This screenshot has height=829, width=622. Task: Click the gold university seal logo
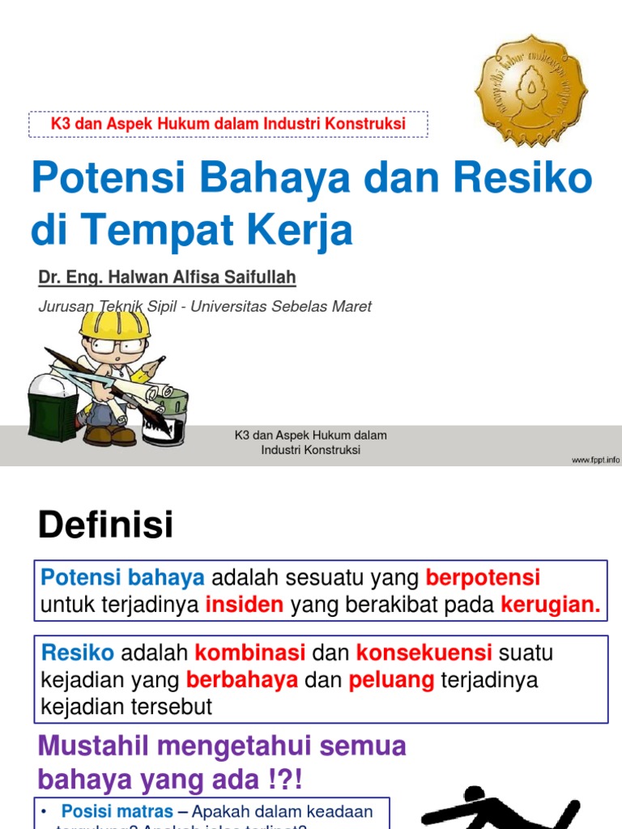530,90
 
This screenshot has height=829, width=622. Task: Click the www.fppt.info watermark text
595,460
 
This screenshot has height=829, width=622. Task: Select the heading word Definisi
105,525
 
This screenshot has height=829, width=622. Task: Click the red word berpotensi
483,578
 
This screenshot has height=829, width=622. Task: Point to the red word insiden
245,605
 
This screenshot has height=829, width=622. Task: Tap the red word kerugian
551,605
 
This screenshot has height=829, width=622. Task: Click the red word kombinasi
250,653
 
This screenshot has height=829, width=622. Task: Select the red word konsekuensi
424,653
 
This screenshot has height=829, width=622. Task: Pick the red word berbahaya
242,680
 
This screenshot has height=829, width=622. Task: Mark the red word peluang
391,680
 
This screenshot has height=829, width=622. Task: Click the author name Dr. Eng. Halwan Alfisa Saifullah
167,278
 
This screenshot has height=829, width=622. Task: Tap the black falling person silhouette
502,810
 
